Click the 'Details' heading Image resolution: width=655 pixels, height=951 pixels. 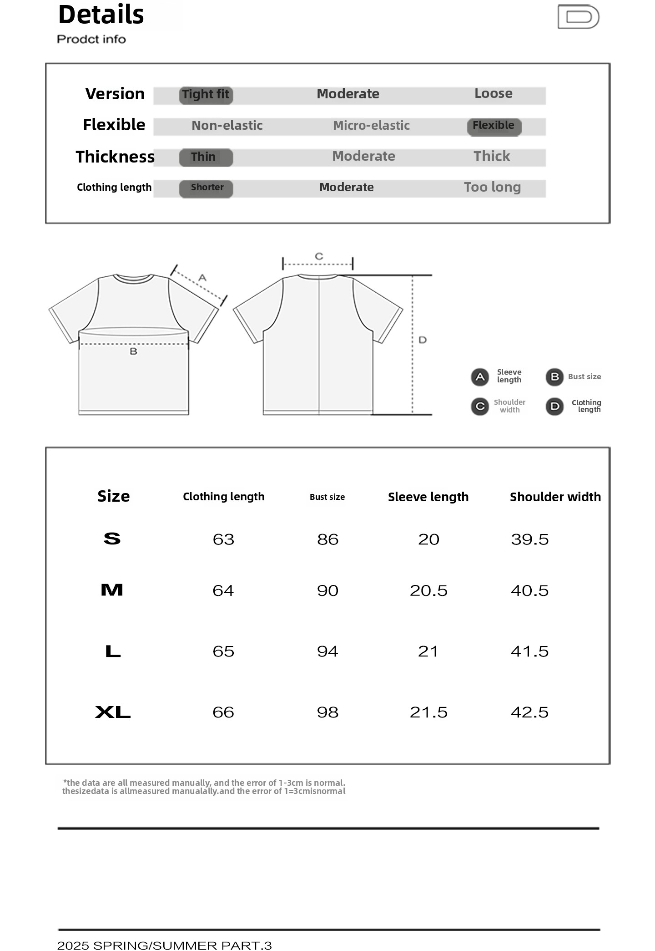click(x=101, y=15)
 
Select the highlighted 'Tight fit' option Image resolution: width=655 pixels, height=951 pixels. click(x=206, y=95)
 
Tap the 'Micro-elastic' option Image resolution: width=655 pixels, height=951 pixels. click(x=371, y=126)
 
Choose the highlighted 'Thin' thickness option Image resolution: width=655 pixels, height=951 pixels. click(x=206, y=157)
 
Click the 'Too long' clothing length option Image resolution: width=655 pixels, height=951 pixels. click(x=492, y=187)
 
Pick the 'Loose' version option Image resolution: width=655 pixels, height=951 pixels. click(x=493, y=94)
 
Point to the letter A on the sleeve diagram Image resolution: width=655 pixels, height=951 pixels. click(x=202, y=277)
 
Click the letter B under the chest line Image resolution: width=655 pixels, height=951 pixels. click(x=133, y=351)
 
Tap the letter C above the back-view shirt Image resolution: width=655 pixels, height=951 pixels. click(x=319, y=256)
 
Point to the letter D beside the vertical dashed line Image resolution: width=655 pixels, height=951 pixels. click(x=423, y=340)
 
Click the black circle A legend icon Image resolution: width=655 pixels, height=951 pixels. click(x=480, y=377)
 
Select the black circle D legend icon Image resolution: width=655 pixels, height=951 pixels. click(x=554, y=406)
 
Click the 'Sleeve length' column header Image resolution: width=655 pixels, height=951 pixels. click(x=428, y=497)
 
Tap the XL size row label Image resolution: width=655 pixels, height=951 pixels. click(x=113, y=712)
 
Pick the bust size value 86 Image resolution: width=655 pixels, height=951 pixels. click(x=327, y=539)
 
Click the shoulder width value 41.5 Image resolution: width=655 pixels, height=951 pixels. click(x=529, y=651)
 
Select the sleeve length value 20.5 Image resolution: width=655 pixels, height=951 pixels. click(x=428, y=591)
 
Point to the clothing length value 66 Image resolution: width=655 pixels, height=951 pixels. click(x=223, y=712)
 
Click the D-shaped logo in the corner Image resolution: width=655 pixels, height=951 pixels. click(x=579, y=17)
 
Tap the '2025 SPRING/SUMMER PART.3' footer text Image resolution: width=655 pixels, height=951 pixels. click(x=164, y=946)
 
